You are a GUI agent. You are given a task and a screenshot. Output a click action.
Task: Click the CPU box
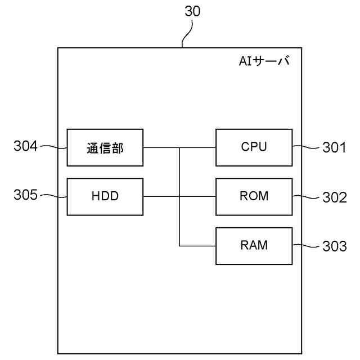point(254,147)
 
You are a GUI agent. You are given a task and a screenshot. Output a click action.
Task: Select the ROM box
point(254,197)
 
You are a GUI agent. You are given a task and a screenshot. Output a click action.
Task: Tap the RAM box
point(254,246)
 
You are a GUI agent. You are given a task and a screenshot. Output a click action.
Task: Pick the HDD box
point(105,197)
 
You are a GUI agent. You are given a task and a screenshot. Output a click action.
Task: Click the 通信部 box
point(105,147)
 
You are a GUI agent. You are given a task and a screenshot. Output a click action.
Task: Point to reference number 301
point(334,147)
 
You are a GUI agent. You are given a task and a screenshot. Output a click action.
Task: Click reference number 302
point(335,197)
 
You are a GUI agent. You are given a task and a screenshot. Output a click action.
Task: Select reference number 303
point(335,246)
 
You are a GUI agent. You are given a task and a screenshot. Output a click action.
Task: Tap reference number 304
point(25,146)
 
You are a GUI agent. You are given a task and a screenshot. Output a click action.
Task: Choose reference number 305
point(25,195)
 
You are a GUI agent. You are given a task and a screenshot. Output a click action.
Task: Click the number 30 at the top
point(192,11)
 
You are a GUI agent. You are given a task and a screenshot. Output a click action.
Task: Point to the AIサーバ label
point(264,61)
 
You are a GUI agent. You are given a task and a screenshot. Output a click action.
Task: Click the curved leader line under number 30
point(187,34)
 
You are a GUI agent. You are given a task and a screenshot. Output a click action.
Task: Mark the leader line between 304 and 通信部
point(54,147)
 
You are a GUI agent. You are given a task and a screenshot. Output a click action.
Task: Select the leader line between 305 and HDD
point(54,196)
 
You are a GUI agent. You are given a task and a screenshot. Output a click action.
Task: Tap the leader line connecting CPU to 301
point(306,147)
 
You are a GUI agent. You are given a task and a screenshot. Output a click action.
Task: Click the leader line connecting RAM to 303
point(306,246)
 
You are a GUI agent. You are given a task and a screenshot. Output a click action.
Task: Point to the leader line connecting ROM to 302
point(306,196)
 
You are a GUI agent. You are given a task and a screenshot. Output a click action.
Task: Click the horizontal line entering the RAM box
point(197,246)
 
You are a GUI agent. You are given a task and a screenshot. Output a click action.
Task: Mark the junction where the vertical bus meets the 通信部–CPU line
point(179,147)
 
